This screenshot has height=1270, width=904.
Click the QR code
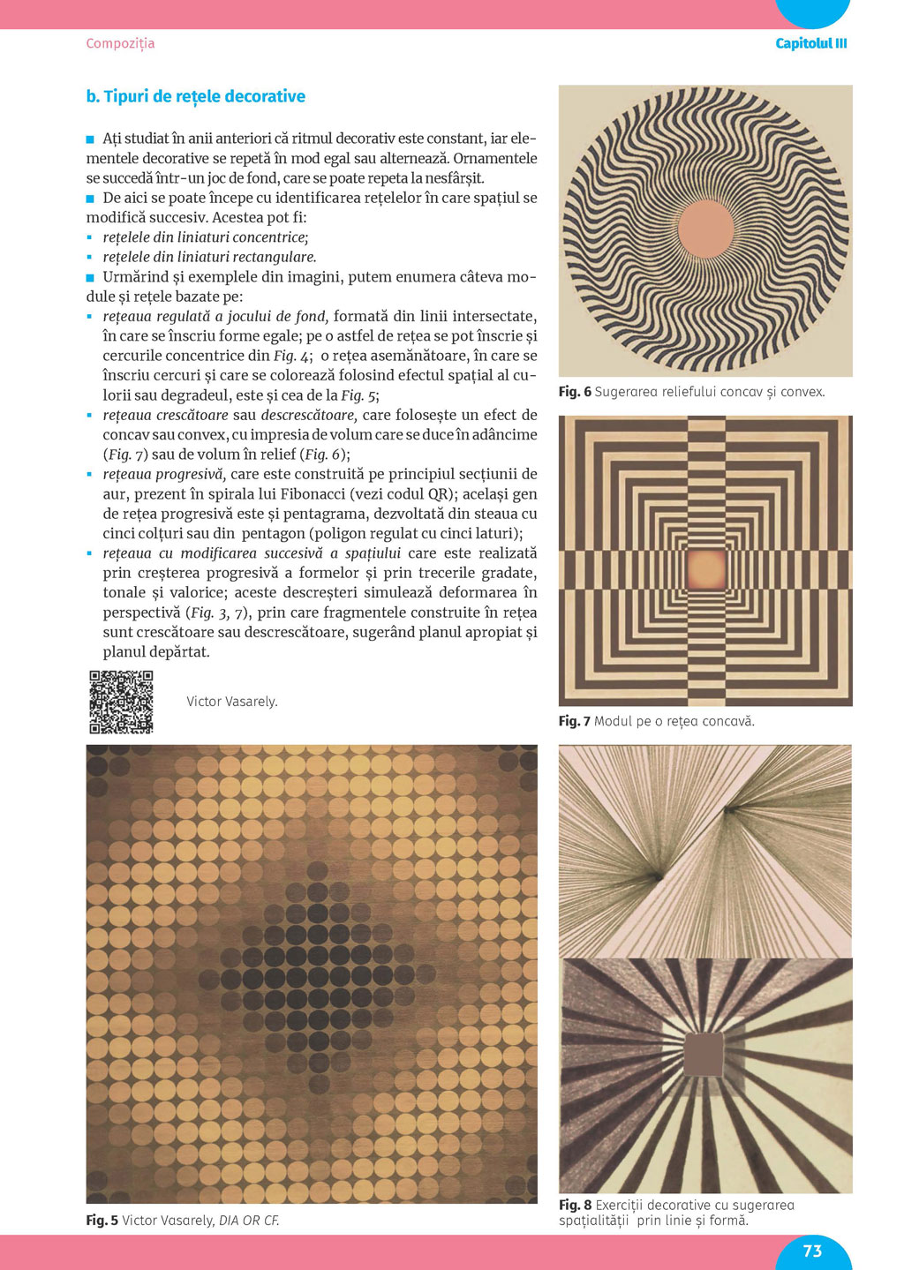coord(121,703)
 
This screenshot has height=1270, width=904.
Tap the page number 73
coord(812,1251)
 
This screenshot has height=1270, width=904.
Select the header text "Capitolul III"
coord(810,43)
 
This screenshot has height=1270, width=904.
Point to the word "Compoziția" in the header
coord(120,43)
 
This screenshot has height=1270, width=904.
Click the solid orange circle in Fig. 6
coord(705,229)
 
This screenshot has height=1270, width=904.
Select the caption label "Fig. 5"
coord(102,1221)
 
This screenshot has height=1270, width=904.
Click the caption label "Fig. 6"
coord(575,392)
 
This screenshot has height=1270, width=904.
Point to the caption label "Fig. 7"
coord(575,721)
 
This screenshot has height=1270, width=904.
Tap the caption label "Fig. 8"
coord(575,1205)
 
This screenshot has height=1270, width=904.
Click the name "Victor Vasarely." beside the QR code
coord(232,702)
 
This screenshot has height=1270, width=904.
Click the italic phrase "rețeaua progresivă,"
coord(164,474)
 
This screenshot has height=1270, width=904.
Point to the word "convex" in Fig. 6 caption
coord(802,392)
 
